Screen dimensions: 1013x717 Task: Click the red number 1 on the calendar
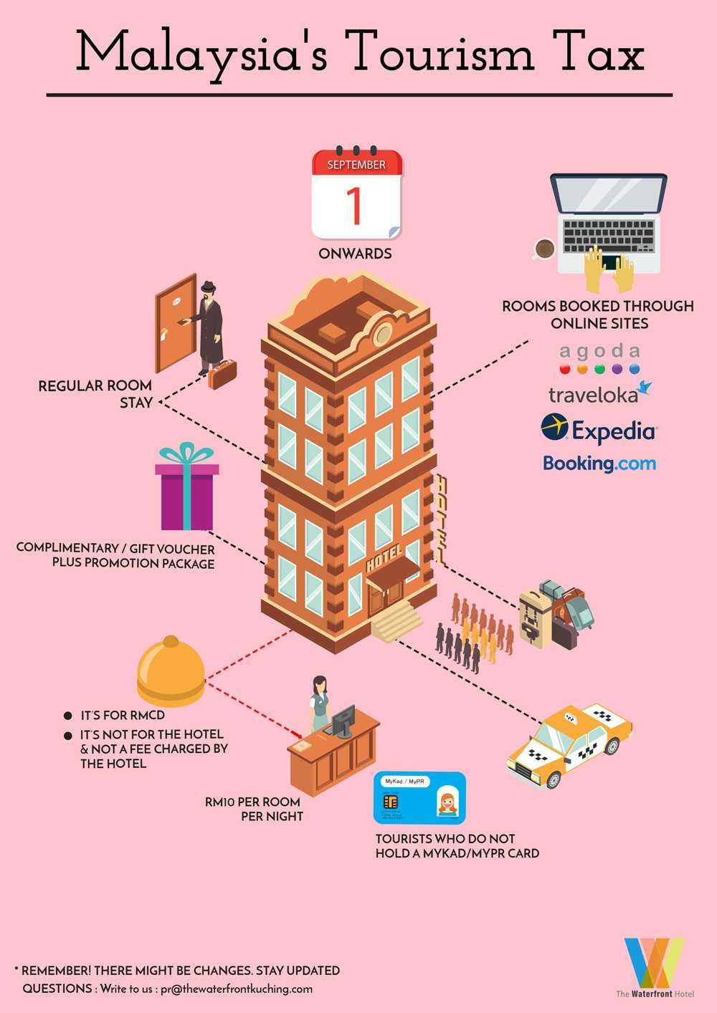pos(355,206)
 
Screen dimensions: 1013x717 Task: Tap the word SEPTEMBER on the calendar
pos(356,165)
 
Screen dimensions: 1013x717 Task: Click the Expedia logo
pos(599,430)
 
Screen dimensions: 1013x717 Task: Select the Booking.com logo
pos(599,463)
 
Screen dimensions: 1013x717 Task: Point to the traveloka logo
pos(599,394)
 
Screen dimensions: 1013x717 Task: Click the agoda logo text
pos(599,351)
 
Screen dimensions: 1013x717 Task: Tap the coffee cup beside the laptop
pos(544,249)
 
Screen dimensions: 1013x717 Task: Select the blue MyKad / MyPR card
pos(419,798)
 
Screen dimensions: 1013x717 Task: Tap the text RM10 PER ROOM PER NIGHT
pos(254,809)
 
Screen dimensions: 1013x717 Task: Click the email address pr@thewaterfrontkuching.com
pos(237,989)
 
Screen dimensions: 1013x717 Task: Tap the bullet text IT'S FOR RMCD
pos(123,715)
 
